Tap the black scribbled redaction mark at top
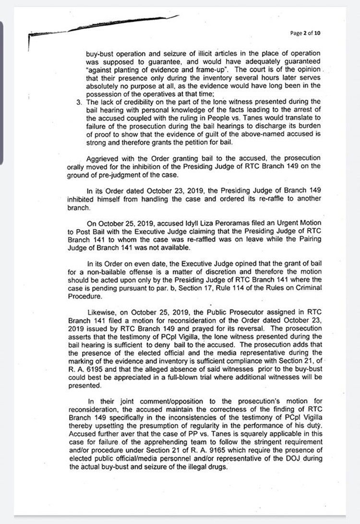click(x=120, y=24)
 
